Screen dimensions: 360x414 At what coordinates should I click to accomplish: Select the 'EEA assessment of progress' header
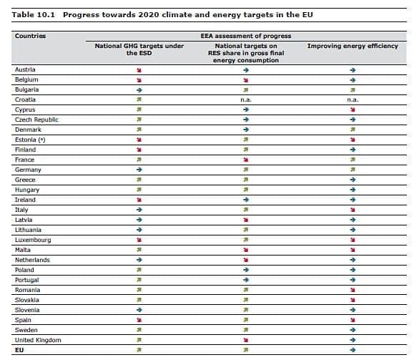[246, 35]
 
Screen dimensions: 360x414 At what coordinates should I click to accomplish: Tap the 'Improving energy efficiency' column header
[352, 46]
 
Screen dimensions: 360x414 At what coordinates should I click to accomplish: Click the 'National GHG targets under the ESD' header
[139, 49]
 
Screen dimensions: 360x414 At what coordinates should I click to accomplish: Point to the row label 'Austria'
[25, 69]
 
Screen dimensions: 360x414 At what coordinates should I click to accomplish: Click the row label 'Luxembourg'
[32, 240]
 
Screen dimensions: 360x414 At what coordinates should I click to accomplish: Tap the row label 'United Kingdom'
[38, 340]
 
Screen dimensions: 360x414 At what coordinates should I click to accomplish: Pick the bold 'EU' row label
[19, 350]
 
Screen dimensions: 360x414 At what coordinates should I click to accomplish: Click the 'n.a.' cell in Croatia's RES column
[245, 99]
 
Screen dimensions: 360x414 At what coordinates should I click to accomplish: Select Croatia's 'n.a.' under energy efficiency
[352, 99]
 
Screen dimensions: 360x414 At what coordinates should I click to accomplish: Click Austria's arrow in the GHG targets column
[139, 69]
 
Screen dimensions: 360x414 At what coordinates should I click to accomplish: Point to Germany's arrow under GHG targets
[139, 170]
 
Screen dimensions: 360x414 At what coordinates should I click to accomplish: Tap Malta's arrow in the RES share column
[245, 250]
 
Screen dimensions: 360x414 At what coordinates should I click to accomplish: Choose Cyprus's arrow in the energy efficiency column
[352, 110]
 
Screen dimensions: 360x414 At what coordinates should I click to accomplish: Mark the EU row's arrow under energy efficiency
[352, 350]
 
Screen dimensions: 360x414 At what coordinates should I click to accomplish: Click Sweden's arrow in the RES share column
[245, 330]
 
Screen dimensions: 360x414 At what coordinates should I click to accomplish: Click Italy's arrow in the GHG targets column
[139, 210]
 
